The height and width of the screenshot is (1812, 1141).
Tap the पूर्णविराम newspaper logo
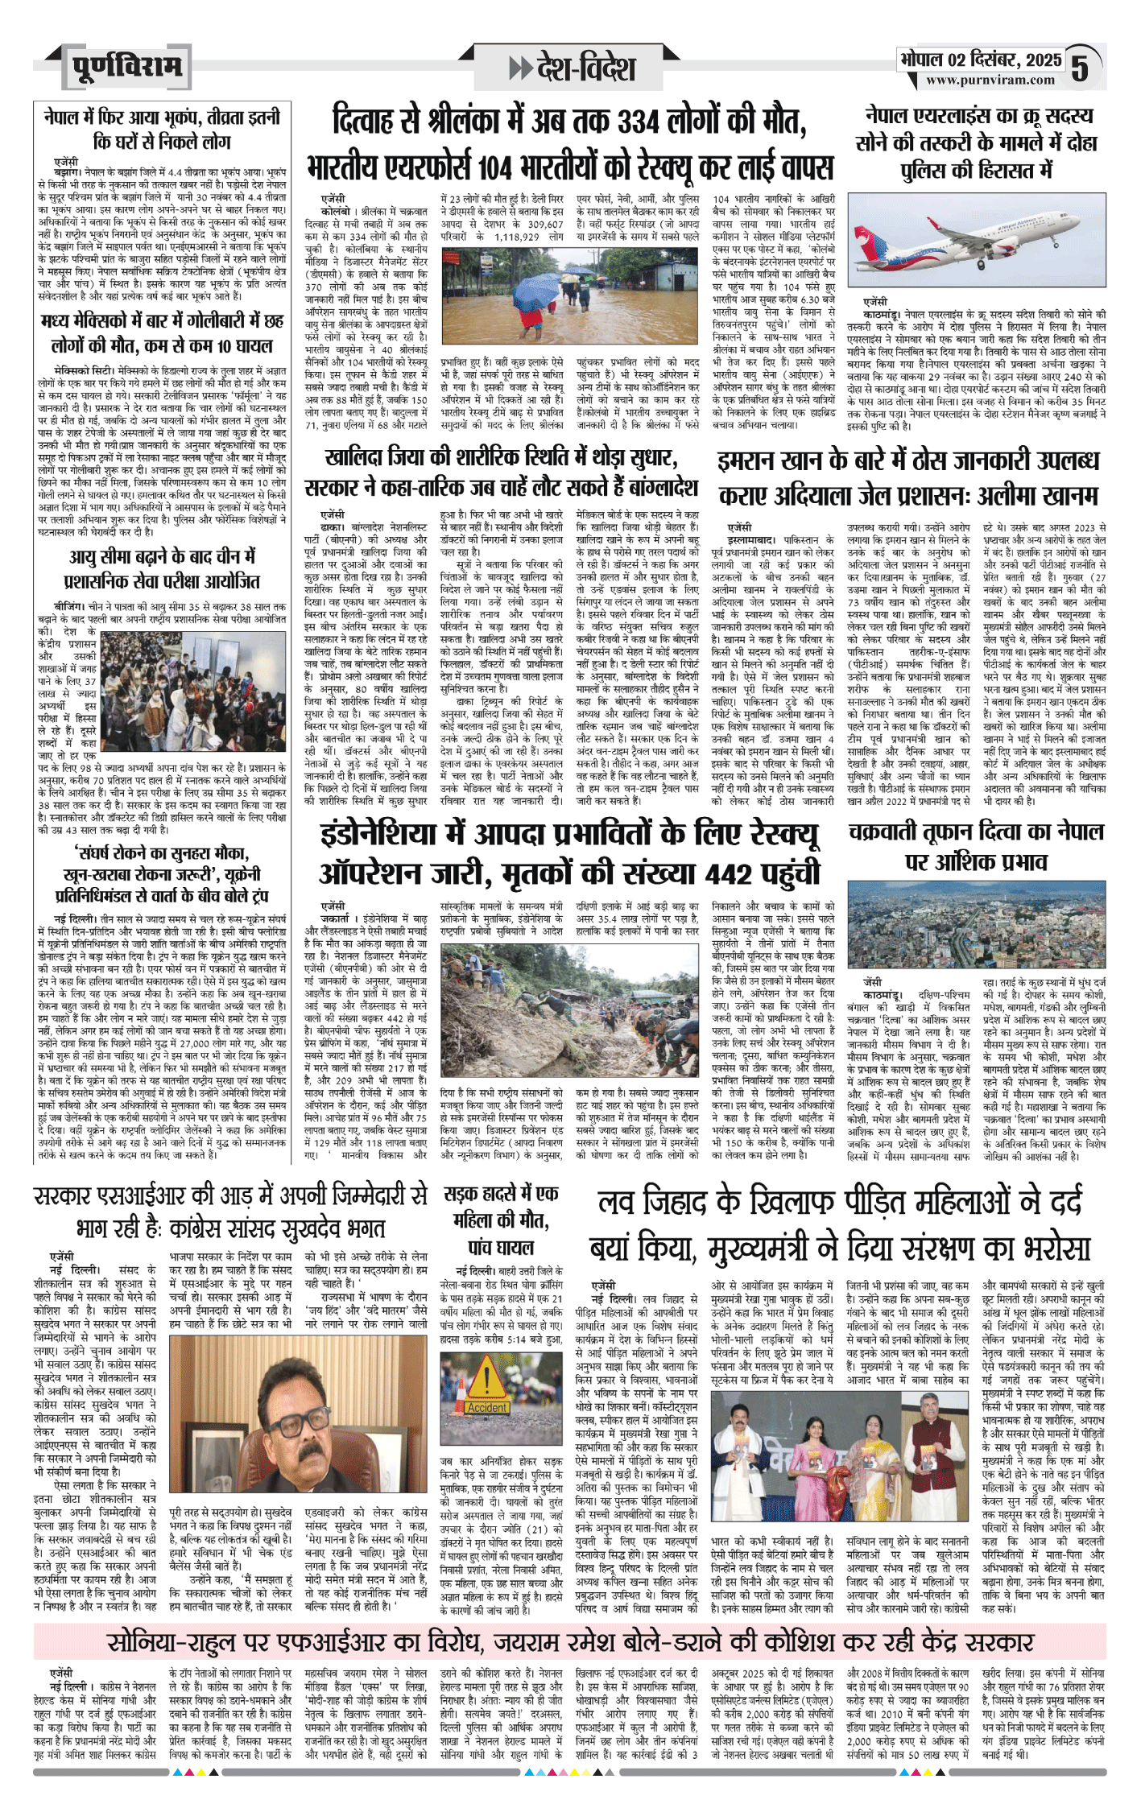tap(126, 68)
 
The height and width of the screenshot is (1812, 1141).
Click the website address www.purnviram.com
tap(990, 80)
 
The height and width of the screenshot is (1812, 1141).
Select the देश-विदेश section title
tap(574, 69)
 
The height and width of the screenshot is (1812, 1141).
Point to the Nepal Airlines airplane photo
tap(977, 241)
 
